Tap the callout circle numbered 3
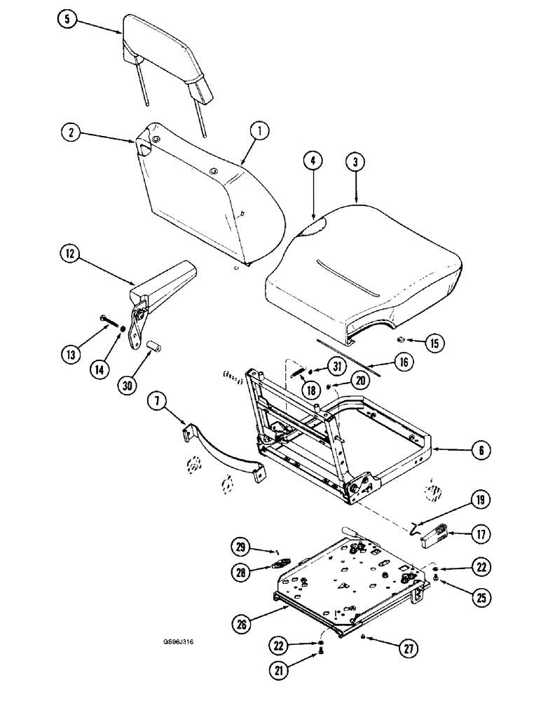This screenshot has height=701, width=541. [x=357, y=163]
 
